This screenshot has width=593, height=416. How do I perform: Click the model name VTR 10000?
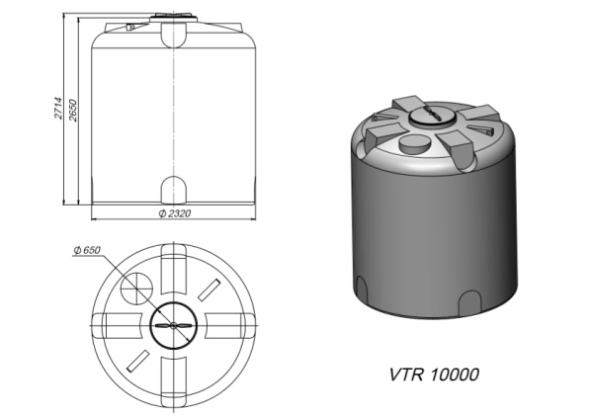tap(433, 375)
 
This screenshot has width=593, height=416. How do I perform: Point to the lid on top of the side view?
tap(174, 18)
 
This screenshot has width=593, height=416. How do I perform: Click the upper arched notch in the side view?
tap(174, 36)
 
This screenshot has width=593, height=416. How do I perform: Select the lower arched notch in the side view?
tap(174, 189)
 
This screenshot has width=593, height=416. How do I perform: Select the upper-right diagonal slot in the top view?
tap(209, 291)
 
